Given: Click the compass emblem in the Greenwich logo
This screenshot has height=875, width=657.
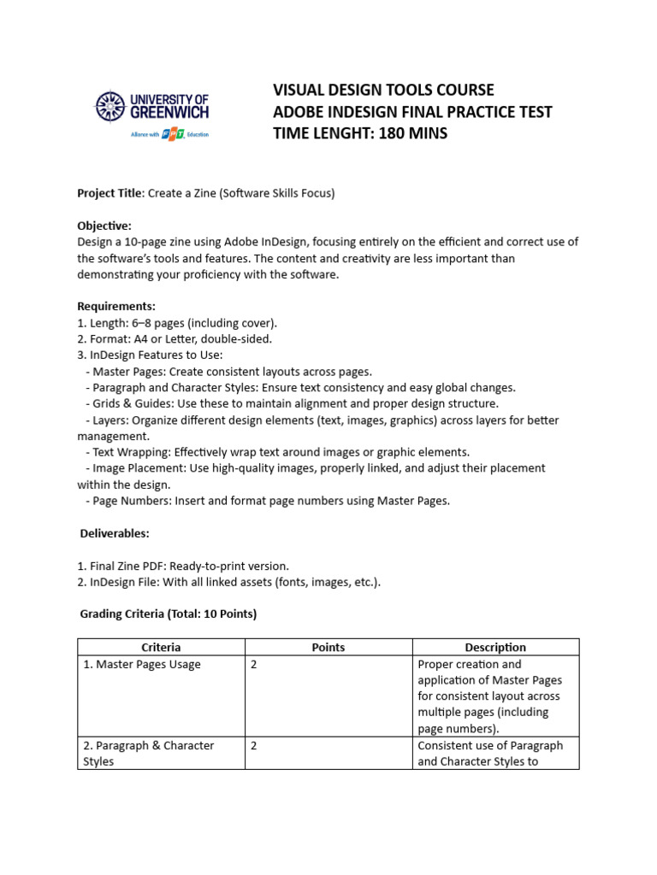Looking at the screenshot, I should point(109,106).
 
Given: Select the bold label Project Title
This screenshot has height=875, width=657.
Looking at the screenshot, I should point(109,193).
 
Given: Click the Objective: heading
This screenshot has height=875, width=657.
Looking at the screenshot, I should point(104,226).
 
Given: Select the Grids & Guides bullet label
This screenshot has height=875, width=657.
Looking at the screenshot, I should point(133,403).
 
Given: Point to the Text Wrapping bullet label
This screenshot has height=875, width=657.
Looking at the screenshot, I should point(130,452).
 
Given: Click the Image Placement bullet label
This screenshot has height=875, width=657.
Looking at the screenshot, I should point(135,468).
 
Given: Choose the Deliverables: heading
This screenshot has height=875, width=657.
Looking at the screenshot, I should point(115,533).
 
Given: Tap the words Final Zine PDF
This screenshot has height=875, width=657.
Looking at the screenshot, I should point(128,566).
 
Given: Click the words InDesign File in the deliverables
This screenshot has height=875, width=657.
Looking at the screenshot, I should point(125,582).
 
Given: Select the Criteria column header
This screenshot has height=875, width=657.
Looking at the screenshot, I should point(161,648).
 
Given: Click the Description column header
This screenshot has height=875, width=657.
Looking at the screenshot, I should point(495,648).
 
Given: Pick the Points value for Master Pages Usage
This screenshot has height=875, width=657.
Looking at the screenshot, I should point(253,664).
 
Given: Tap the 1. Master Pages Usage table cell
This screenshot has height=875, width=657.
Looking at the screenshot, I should point(142,664).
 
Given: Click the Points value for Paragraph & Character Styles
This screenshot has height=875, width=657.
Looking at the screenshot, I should point(253,745).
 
